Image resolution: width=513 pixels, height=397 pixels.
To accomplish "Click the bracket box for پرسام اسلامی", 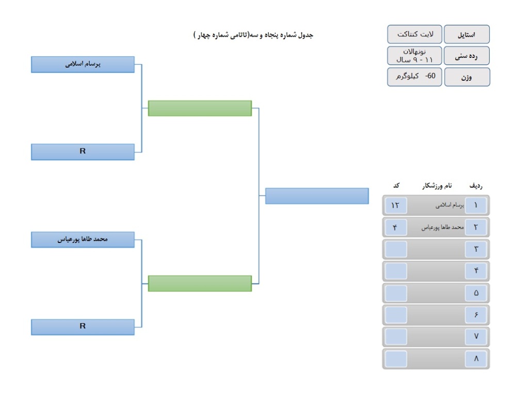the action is pos(83,64).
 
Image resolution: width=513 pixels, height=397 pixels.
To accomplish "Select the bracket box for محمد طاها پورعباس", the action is pos(83,240).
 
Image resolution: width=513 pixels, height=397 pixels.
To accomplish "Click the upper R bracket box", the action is pos(83,152).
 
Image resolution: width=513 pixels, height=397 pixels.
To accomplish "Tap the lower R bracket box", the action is pos(83,327).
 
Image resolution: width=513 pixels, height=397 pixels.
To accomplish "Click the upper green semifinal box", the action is pos(200,108).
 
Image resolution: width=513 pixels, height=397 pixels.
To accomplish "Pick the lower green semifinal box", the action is pos(200,283).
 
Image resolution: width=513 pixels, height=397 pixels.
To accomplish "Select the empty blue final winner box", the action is pos(317,196).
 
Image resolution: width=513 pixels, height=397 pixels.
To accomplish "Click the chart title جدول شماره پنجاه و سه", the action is pos(253,35).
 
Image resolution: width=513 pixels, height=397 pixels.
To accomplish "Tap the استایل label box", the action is pos(467,34).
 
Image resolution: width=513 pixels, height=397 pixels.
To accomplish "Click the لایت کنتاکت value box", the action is pos(415,34).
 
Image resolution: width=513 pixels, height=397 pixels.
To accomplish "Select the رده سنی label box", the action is pos(467,55).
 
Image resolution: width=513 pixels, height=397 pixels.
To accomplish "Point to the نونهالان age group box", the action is pos(415,55).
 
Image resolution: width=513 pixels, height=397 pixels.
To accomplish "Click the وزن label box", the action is pos(467,77).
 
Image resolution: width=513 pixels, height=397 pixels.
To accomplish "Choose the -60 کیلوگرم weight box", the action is pos(415,77).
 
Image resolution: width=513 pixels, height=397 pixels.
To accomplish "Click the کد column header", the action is pos(396,186).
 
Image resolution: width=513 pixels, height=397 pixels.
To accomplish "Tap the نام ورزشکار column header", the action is pos(437,186).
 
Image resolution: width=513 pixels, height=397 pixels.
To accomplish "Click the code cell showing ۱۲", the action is pos(396,206).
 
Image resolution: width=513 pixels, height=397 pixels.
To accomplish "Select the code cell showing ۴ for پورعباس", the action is pos(396,227).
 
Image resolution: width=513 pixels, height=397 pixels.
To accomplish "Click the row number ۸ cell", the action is pos(476,359).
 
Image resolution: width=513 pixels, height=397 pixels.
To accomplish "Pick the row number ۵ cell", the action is pos(476,293).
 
